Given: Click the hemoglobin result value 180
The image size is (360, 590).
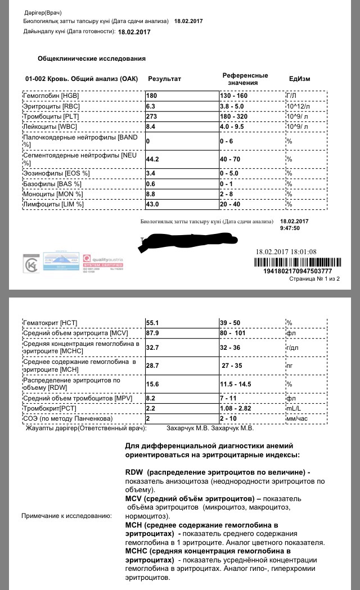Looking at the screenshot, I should [152, 96].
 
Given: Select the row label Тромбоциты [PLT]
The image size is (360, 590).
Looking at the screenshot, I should [47, 116].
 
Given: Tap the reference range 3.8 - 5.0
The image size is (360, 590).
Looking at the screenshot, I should [235, 106].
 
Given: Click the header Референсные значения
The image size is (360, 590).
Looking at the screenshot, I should [245, 79].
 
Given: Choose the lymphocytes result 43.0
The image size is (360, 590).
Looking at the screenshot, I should [154, 204].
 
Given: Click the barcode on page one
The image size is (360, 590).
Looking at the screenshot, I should [297, 262].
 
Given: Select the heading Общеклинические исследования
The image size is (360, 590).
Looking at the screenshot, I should [92, 58].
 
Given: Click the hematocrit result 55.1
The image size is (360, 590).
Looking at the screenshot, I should [153, 322].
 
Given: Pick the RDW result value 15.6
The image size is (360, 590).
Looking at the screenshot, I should [153, 384].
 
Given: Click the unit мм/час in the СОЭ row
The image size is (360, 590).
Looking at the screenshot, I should [298, 418].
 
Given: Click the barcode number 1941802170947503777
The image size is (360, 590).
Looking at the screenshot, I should [297, 272].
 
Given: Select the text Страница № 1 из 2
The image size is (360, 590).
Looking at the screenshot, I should [314, 278].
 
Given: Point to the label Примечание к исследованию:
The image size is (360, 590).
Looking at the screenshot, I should [66, 516].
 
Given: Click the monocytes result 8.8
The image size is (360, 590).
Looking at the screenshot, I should [152, 194].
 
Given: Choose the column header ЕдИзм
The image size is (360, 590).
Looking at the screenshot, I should [299, 79].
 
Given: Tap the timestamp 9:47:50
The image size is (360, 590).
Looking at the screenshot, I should [290, 228].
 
